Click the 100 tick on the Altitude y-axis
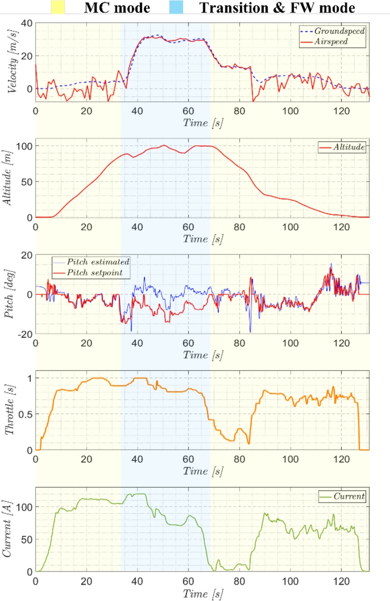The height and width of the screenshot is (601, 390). tap(23, 146)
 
